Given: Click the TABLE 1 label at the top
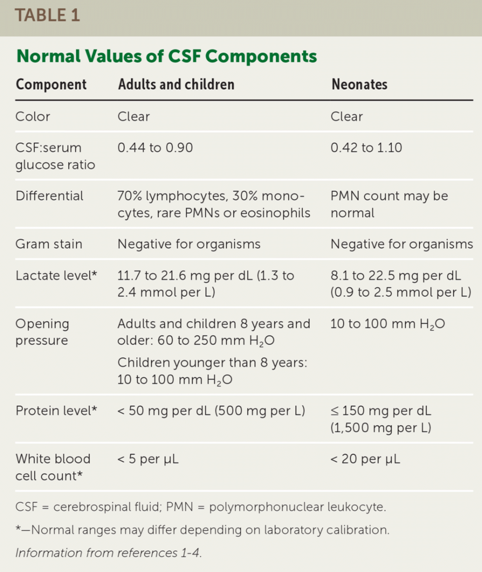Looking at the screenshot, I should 47,15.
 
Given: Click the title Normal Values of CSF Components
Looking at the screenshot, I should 166,56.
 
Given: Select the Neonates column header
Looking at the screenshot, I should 359,85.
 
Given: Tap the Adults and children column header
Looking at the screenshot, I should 176,85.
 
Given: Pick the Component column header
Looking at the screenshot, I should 51,85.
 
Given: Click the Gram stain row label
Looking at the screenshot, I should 49,244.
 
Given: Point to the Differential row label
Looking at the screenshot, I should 50,196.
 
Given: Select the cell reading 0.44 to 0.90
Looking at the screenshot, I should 155,148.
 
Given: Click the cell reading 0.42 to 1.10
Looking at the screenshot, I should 366,148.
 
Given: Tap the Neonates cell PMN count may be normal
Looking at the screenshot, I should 388,204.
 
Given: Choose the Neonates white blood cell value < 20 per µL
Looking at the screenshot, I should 365,459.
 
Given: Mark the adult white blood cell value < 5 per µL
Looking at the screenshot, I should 148,459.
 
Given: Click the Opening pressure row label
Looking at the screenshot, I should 42,332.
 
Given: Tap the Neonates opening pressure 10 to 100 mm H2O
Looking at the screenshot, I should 387,324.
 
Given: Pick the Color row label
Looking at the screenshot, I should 33,116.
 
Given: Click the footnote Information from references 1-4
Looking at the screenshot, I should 108,553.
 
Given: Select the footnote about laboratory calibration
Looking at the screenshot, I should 202,530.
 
